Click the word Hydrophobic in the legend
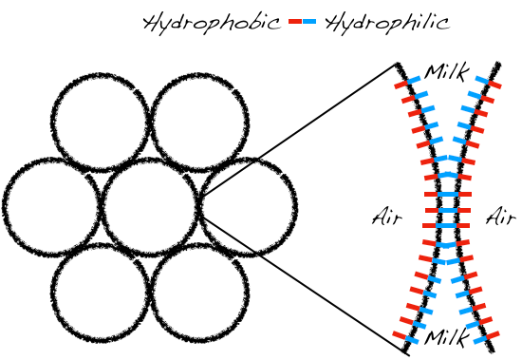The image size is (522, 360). (x=212, y=23)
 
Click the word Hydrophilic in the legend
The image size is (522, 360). (x=387, y=23)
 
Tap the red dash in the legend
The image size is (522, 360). (x=295, y=22)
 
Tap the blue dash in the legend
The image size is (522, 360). (x=309, y=22)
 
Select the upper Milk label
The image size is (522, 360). (x=446, y=72)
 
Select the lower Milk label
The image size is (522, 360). (x=446, y=337)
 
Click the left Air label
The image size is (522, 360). (x=387, y=217)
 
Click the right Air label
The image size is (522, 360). (x=501, y=217)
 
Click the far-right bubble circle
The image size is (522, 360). (x=295, y=207)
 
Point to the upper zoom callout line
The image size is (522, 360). (x=299, y=129)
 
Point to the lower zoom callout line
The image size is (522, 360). (x=304, y=285)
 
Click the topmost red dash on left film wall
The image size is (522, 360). (x=401, y=85)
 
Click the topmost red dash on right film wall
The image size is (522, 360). (x=494, y=85)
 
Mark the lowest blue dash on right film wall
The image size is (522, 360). (x=479, y=340)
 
